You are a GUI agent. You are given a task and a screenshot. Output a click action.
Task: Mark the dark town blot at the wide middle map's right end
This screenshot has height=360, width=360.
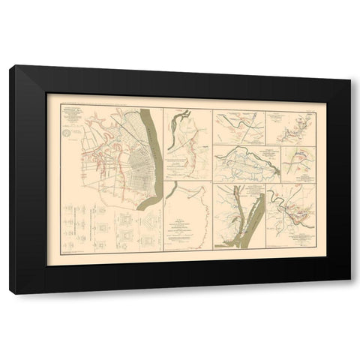tap(277, 170)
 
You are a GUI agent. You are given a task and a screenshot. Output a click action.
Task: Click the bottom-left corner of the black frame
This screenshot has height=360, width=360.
tap(10, 292)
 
